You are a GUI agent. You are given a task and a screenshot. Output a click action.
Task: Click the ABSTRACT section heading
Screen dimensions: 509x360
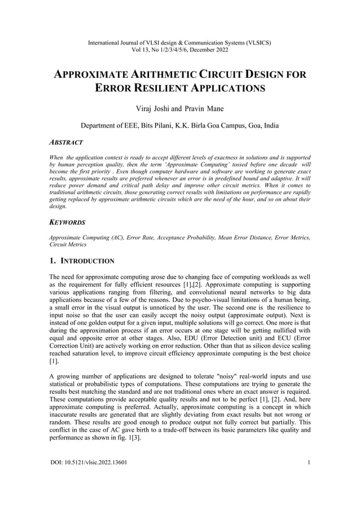coord(66,143)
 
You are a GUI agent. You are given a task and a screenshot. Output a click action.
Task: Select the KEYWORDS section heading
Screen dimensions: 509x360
coord(67,222)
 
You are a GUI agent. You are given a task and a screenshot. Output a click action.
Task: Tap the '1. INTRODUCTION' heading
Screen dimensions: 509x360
coord(82,261)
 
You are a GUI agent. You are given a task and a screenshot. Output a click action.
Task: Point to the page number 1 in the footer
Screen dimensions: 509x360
coord(309,464)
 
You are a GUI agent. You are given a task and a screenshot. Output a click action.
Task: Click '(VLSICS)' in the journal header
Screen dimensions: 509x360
coord(256,42)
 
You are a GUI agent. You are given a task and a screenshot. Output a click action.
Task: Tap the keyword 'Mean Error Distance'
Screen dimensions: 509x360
coord(245,238)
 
